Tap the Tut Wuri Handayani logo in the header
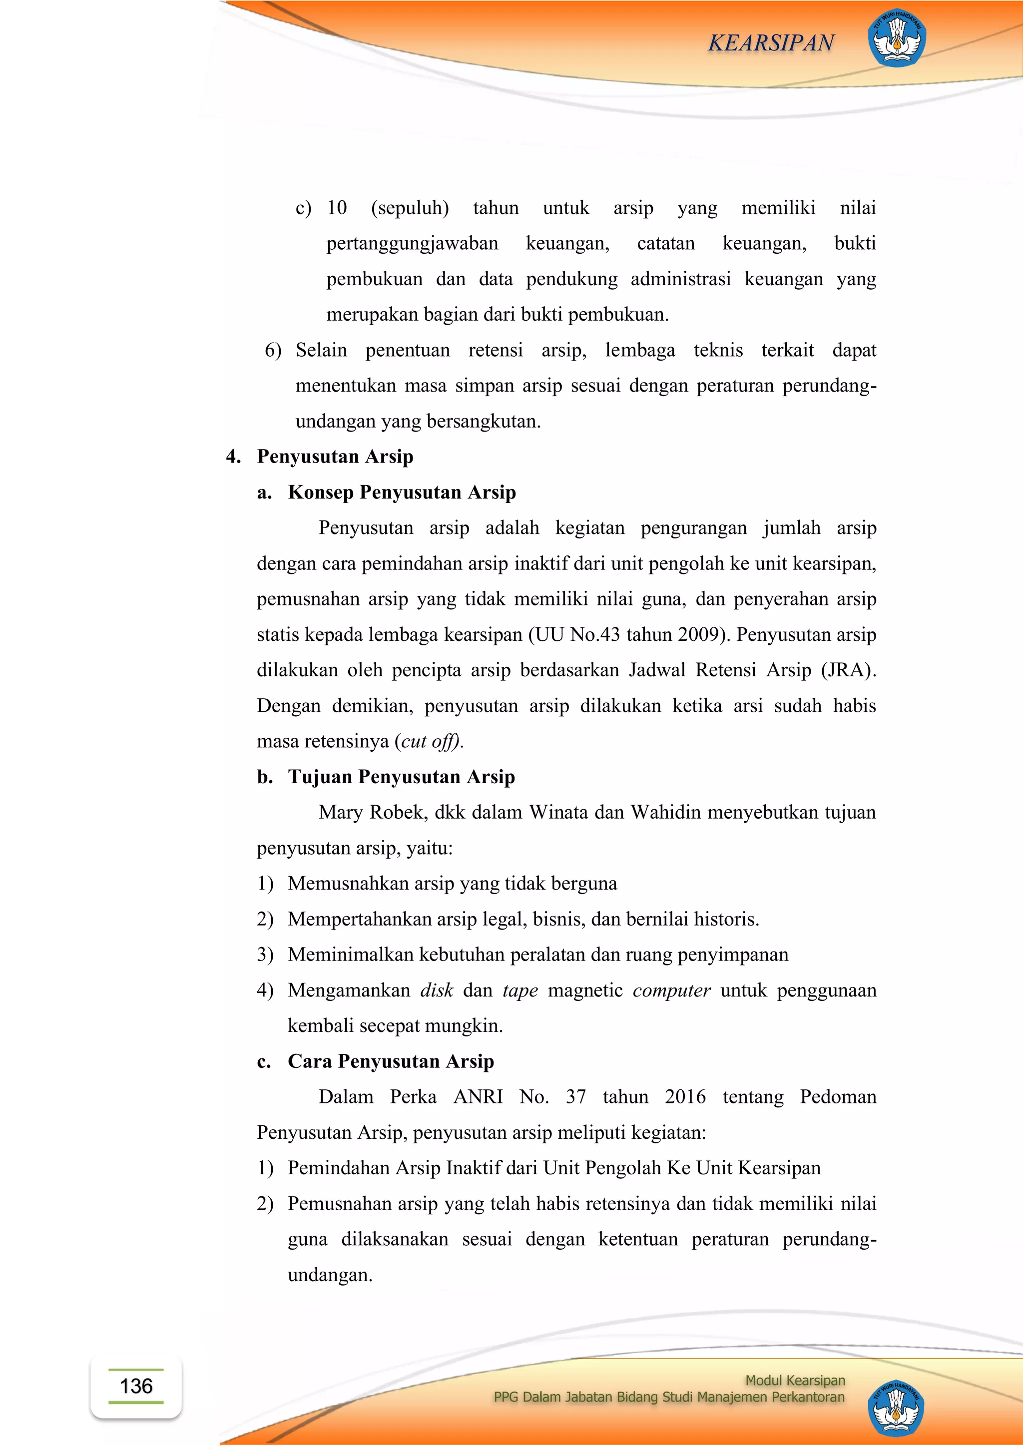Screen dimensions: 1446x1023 [x=897, y=38]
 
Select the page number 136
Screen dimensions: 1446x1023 [x=136, y=1386]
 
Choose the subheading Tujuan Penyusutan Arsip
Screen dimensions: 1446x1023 [x=401, y=777]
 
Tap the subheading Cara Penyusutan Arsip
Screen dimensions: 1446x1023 [x=391, y=1061]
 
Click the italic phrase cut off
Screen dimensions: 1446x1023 [x=429, y=741]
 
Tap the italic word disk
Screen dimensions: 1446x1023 [x=437, y=990]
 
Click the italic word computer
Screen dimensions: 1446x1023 [x=671, y=990]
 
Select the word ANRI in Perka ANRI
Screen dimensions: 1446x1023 [x=478, y=1097]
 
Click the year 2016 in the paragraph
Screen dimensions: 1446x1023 [x=685, y=1097]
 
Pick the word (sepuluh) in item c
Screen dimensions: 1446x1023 [x=410, y=208]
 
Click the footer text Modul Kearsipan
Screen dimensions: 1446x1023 [x=795, y=1380]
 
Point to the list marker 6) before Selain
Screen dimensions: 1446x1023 [x=273, y=350]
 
